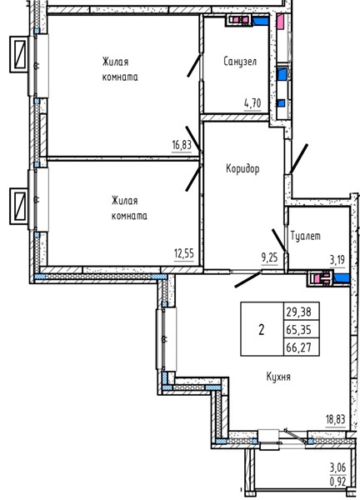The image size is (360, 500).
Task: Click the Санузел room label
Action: pos(240,61)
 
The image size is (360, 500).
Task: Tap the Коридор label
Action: pos(242,168)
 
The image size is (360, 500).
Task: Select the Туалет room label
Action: pos(306,236)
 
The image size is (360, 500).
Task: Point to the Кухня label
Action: pos(278,377)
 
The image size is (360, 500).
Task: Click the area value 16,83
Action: pos(182,145)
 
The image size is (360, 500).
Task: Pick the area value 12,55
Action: pos(184,254)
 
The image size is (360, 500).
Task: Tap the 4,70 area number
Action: pos(252,103)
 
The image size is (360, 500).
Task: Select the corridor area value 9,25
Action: pos(269,257)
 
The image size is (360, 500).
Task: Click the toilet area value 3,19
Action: pos(337,260)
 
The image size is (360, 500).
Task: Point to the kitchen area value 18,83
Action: pos(336,419)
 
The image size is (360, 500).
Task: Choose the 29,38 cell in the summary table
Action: pos(298,312)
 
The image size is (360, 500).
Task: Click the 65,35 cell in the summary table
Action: pos(298,329)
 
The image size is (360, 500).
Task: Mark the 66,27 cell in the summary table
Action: pos(298,347)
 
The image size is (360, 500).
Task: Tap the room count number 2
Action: pos(262,329)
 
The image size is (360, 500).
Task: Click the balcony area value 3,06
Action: pos(337,467)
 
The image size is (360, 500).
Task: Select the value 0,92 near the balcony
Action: pos(337,481)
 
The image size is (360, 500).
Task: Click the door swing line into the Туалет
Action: pos(279,240)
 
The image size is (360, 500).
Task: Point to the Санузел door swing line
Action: pos(194,65)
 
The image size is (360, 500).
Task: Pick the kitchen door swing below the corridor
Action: pos(248,280)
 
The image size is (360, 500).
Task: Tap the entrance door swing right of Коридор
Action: pos(299,159)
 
